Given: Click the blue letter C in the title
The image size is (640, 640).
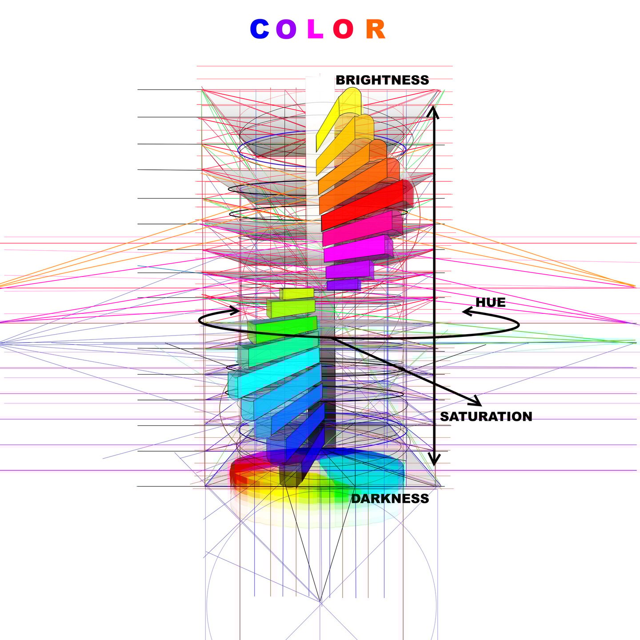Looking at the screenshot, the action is [x=260, y=29].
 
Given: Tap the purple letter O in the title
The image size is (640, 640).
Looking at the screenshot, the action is [x=286, y=29].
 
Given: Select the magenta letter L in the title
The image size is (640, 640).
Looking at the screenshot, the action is [x=315, y=29].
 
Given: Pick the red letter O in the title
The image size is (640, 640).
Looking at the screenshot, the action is [x=343, y=29].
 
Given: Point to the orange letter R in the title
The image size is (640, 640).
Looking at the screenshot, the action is [x=376, y=29].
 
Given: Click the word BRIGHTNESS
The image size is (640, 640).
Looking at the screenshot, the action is [x=382, y=80].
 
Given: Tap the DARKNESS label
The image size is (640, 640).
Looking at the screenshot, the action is [x=390, y=499].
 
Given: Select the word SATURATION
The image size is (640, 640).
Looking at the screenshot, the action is [x=486, y=416].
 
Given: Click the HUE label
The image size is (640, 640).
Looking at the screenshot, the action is [x=491, y=302].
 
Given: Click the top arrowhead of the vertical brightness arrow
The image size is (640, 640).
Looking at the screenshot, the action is [x=434, y=111].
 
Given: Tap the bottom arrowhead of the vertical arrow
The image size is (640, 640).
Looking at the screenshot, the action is [x=434, y=460].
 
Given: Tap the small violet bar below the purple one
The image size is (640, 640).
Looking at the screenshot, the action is [x=343, y=284].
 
